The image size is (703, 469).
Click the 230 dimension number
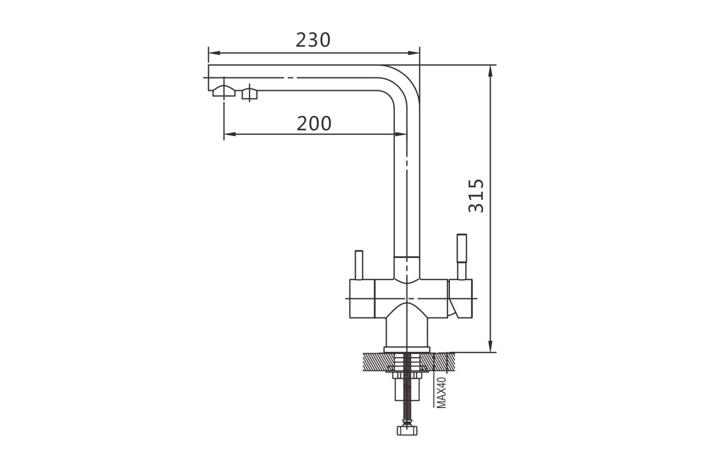[313, 40]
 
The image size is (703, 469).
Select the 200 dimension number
[314, 123]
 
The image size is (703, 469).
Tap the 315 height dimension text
[476, 196]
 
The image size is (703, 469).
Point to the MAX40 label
[441, 393]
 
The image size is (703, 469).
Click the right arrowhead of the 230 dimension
[414, 53]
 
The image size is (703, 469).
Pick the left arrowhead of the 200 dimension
[230, 134]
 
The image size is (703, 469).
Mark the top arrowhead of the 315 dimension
[490, 72]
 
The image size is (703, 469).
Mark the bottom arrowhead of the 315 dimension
[490, 346]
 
